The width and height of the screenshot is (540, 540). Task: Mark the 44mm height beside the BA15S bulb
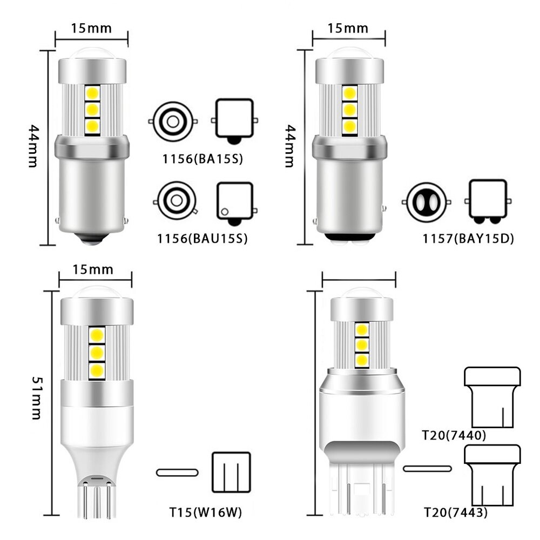coord(34,146)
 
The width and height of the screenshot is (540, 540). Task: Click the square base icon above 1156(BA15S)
coord(234,119)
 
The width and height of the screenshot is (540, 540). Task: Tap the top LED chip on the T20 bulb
coord(361,329)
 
